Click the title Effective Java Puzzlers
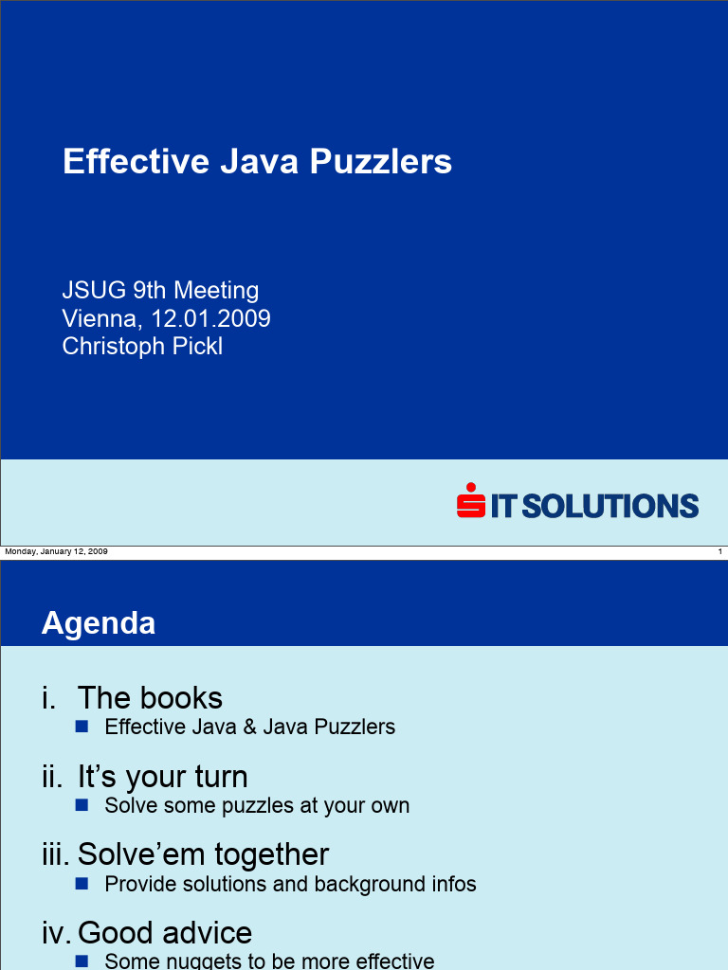point(257,162)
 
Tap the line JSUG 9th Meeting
point(160,290)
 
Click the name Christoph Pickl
point(142,347)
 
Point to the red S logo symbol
point(470,502)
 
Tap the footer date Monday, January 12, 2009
point(56,551)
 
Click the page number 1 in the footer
point(719,551)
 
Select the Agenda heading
point(99,623)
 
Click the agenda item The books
point(150,698)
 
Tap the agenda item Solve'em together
point(203,854)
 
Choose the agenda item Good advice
point(165,933)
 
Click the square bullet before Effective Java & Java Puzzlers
point(82,727)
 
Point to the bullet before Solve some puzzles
point(82,805)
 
